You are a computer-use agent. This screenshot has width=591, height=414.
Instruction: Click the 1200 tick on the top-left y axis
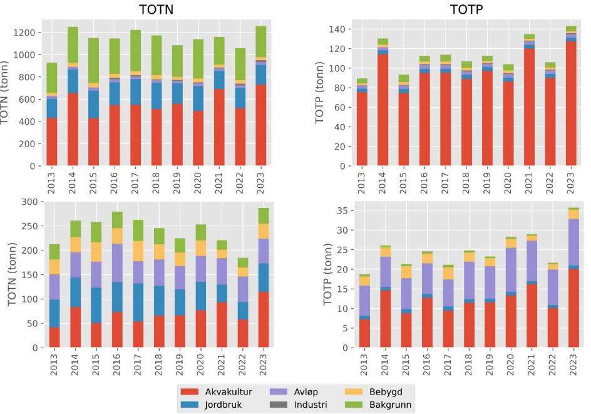pos(27,33)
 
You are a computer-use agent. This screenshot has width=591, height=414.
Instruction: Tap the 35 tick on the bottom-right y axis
pos(341,211)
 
